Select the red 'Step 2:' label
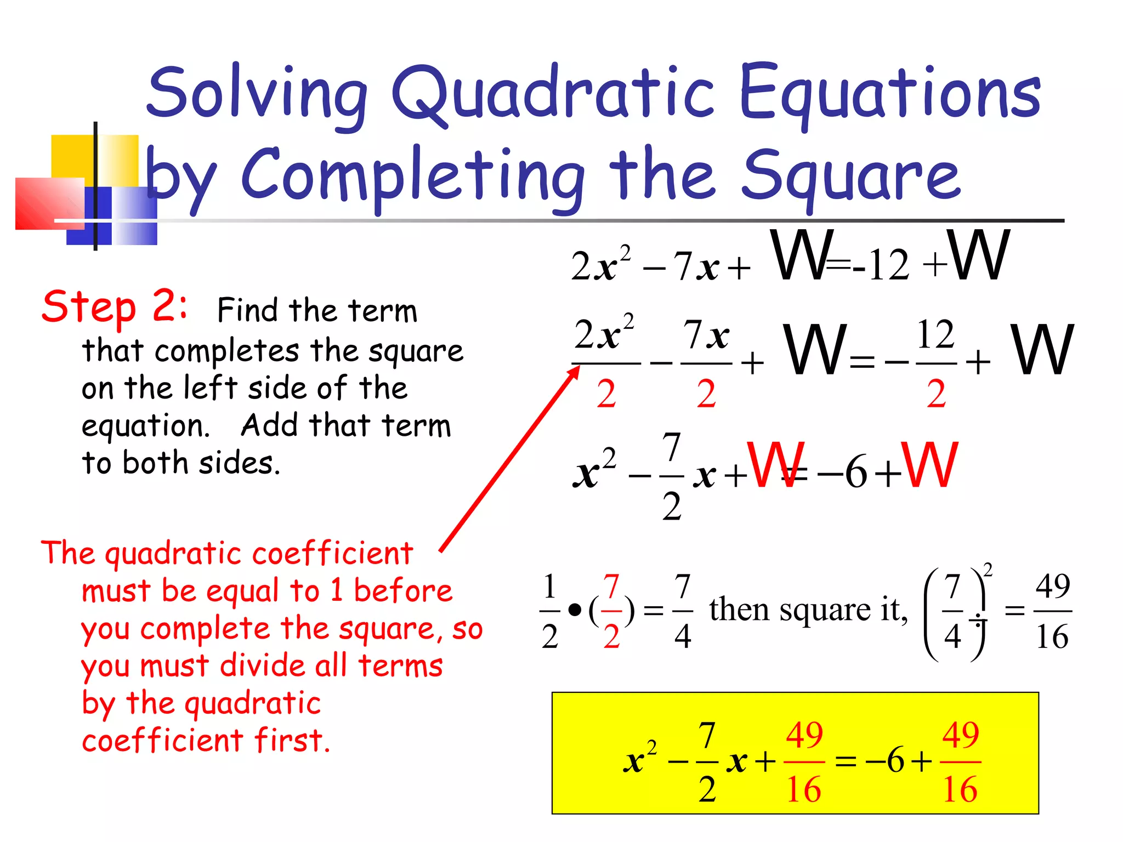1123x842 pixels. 115,307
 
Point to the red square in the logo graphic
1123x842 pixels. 49,203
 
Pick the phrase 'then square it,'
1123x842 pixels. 808,610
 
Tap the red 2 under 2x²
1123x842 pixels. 606,394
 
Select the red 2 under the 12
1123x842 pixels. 936,394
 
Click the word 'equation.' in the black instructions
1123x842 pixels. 145,426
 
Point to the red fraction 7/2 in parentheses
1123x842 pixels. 611,610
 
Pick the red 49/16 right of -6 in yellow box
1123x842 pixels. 960,761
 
